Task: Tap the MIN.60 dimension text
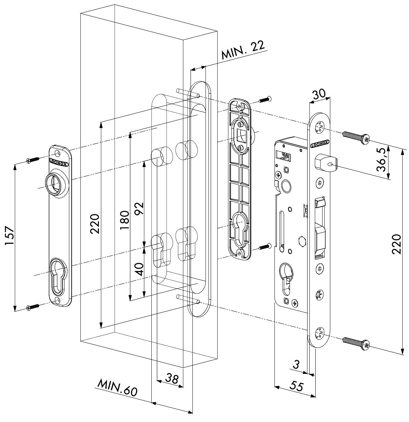point(117,387)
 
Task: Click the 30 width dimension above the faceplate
point(319,94)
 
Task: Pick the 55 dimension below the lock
point(296,385)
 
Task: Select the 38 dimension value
point(172,379)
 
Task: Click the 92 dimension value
point(138,208)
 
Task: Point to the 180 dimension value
point(124,220)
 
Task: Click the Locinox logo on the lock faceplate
point(320,144)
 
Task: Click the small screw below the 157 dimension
point(33,307)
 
